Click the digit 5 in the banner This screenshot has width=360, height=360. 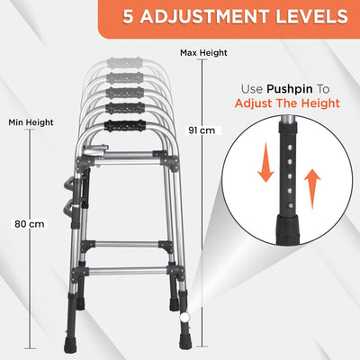point(128,16)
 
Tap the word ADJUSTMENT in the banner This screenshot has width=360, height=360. point(204,16)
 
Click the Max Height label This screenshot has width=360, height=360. point(203,53)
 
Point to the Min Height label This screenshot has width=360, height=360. point(31,122)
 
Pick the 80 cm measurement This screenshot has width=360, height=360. point(30,224)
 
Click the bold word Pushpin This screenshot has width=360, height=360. point(290,89)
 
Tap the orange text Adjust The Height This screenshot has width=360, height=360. point(287,103)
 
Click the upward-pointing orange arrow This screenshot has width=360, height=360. point(312,189)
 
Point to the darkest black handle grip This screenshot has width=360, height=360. point(125,126)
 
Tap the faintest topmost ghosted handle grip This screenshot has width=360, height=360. point(125,63)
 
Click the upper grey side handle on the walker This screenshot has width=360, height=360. point(69,184)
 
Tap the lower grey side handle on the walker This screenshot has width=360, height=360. point(69,208)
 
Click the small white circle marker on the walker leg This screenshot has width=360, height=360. point(183,317)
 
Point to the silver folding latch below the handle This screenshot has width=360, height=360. point(95,149)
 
